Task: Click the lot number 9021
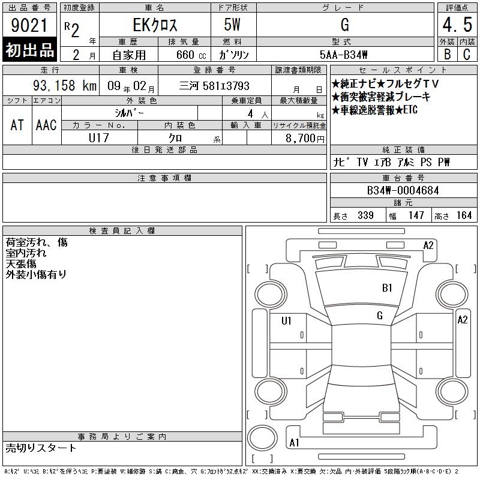pyautogui.click(x=29, y=25)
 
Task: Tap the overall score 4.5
pyautogui.click(x=457, y=25)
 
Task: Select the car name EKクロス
pyautogui.click(x=155, y=25)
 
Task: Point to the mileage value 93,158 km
pyautogui.click(x=65, y=86)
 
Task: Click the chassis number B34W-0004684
pyautogui.click(x=403, y=190)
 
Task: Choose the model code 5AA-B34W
pyautogui.click(x=343, y=55)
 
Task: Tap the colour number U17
pyautogui.click(x=99, y=138)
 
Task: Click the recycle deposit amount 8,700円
pyautogui.click(x=305, y=139)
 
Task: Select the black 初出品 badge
pyautogui.click(x=29, y=49)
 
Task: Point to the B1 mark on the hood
pyautogui.click(x=387, y=288)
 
